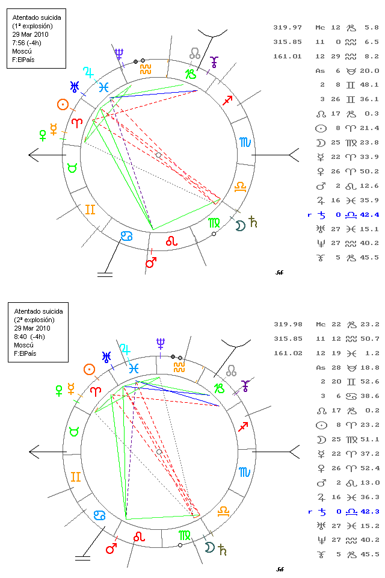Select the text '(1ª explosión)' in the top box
tap(32, 26)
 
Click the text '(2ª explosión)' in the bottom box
tap(32, 320)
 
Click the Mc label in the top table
tap(320, 27)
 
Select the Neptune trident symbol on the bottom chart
tap(160, 344)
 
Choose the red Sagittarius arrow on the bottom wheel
tap(243, 427)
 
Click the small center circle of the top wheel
tap(158, 155)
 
